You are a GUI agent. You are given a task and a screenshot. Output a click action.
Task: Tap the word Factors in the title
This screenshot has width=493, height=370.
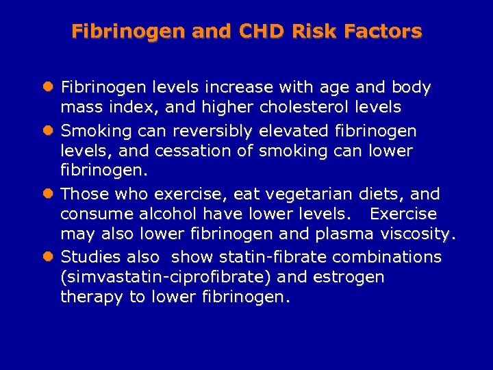click(x=388, y=32)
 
